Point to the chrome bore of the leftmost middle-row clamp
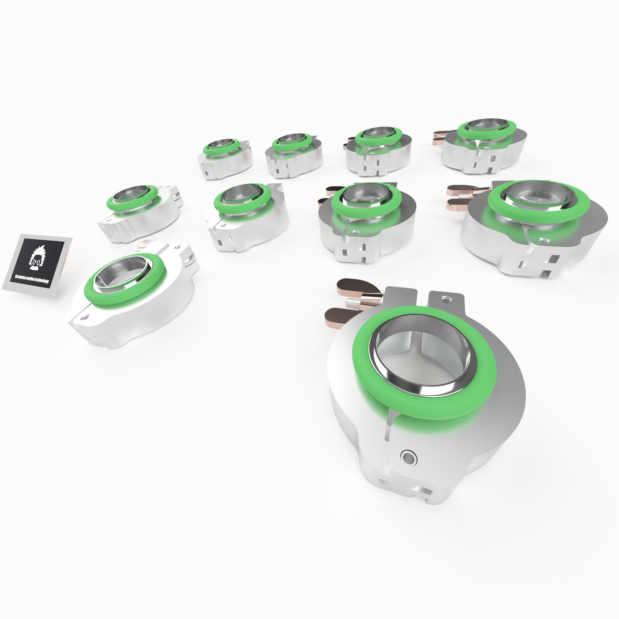pos(131,196)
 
